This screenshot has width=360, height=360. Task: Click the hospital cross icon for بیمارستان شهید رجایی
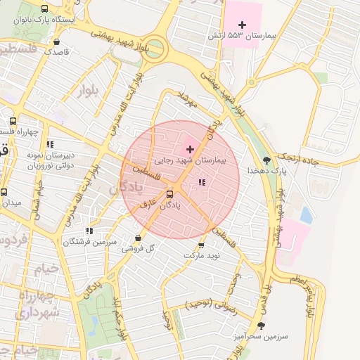[189, 149]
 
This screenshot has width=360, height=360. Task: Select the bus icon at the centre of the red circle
[169, 194]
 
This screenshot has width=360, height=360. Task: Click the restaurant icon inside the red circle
[202, 183]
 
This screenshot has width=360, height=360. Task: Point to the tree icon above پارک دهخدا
[265, 160]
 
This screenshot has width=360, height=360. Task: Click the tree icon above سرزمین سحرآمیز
[262, 326]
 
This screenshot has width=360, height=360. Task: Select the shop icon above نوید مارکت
[202, 245]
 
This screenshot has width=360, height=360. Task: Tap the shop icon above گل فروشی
[137, 238]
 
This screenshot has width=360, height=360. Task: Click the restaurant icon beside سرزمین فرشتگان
[89, 231]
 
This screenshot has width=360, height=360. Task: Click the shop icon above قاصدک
[58, 41]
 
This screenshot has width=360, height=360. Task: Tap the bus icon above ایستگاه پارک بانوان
[45, 9]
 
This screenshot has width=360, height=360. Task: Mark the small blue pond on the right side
[307, 214]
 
